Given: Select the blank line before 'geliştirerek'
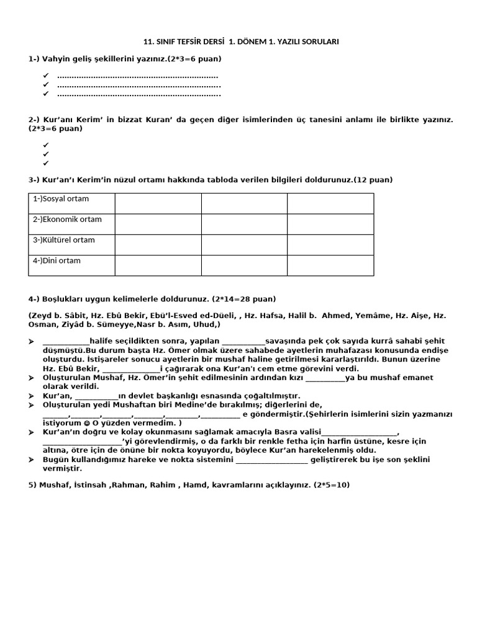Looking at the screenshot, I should click(x=271, y=460).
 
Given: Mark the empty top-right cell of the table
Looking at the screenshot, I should click(x=330, y=203).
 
